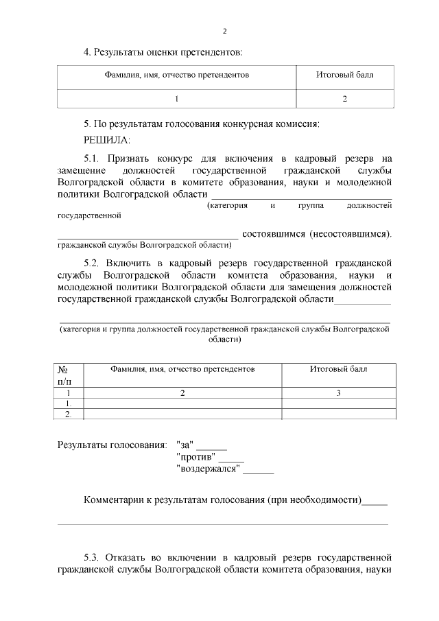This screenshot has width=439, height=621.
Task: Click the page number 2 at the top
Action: tap(224, 31)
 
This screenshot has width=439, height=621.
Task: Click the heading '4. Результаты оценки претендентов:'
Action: tap(163, 51)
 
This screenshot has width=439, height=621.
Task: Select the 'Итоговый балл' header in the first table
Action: tap(344, 73)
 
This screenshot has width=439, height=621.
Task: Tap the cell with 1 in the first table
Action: tap(176, 99)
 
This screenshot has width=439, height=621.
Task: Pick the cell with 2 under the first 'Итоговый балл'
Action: tap(344, 99)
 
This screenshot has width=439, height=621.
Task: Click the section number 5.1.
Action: tap(93, 157)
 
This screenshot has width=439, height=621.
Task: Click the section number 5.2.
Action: tap(93, 262)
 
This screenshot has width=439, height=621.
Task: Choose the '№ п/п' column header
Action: tap(67, 375)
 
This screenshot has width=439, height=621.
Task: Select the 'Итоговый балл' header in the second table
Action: tap(338, 369)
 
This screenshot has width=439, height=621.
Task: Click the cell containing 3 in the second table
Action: tap(338, 393)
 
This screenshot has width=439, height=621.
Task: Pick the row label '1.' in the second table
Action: tap(68, 404)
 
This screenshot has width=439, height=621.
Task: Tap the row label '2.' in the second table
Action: tap(68, 414)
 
